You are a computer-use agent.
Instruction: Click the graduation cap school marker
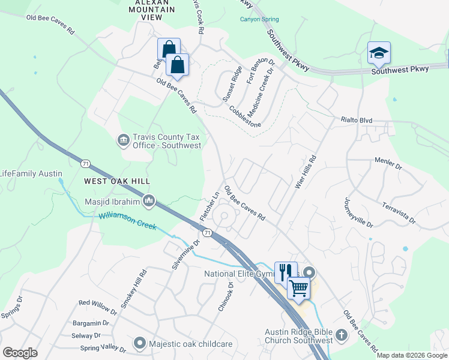click(x=379, y=53)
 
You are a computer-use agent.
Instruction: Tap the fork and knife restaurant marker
click(x=286, y=272)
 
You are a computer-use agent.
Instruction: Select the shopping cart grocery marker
click(x=298, y=287)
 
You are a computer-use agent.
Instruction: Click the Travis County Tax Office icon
click(x=123, y=140)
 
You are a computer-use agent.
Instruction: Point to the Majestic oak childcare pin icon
click(x=140, y=343)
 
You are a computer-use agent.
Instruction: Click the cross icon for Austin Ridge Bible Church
click(x=341, y=334)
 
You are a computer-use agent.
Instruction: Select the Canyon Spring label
click(x=259, y=19)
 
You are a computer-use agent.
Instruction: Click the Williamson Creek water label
click(x=128, y=221)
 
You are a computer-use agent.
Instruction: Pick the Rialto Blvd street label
click(x=357, y=121)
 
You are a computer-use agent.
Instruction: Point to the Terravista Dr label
click(x=399, y=213)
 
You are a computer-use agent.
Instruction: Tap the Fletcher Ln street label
click(x=209, y=206)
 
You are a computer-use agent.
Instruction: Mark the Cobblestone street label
click(x=244, y=116)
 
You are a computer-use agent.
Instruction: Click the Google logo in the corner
click(x=20, y=352)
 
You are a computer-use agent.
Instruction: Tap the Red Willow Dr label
click(x=98, y=307)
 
